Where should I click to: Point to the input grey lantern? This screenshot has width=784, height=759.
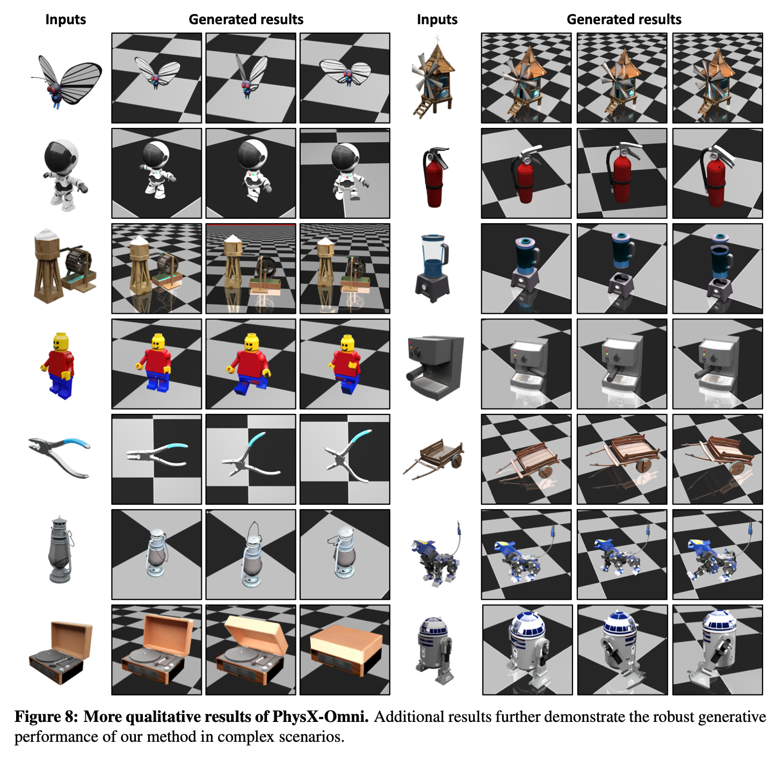point(61,549)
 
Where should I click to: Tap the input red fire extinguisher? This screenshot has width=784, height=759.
point(435,177)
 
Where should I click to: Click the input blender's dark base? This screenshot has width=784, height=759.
point(432,287)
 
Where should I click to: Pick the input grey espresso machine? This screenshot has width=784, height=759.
point(435,367)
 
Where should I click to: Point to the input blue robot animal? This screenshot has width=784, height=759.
point(436,555)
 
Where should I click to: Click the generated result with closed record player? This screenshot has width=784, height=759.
point(345,650)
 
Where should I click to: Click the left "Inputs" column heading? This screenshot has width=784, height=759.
point(66,19)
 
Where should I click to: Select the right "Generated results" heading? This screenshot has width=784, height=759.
point(624,19)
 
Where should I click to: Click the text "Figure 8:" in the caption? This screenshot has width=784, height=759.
point(46,717)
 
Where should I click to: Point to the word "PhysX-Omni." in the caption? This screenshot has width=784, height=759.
point(320,717)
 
